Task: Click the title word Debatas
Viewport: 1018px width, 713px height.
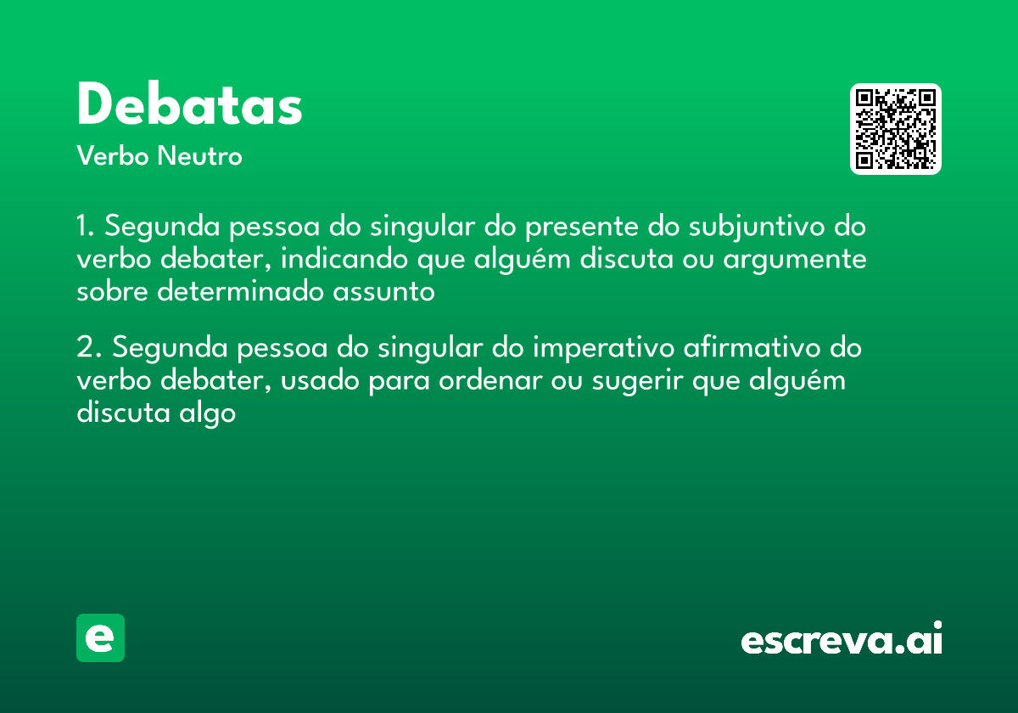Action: click(x=189, y=105)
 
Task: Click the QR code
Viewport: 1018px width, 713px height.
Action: click(x=896, y=129)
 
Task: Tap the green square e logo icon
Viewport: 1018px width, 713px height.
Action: click(x=100, y=637)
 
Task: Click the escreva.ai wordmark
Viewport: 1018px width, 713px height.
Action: click(x=842, y=640)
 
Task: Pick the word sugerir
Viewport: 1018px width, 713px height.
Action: click(x=630, y=382)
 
